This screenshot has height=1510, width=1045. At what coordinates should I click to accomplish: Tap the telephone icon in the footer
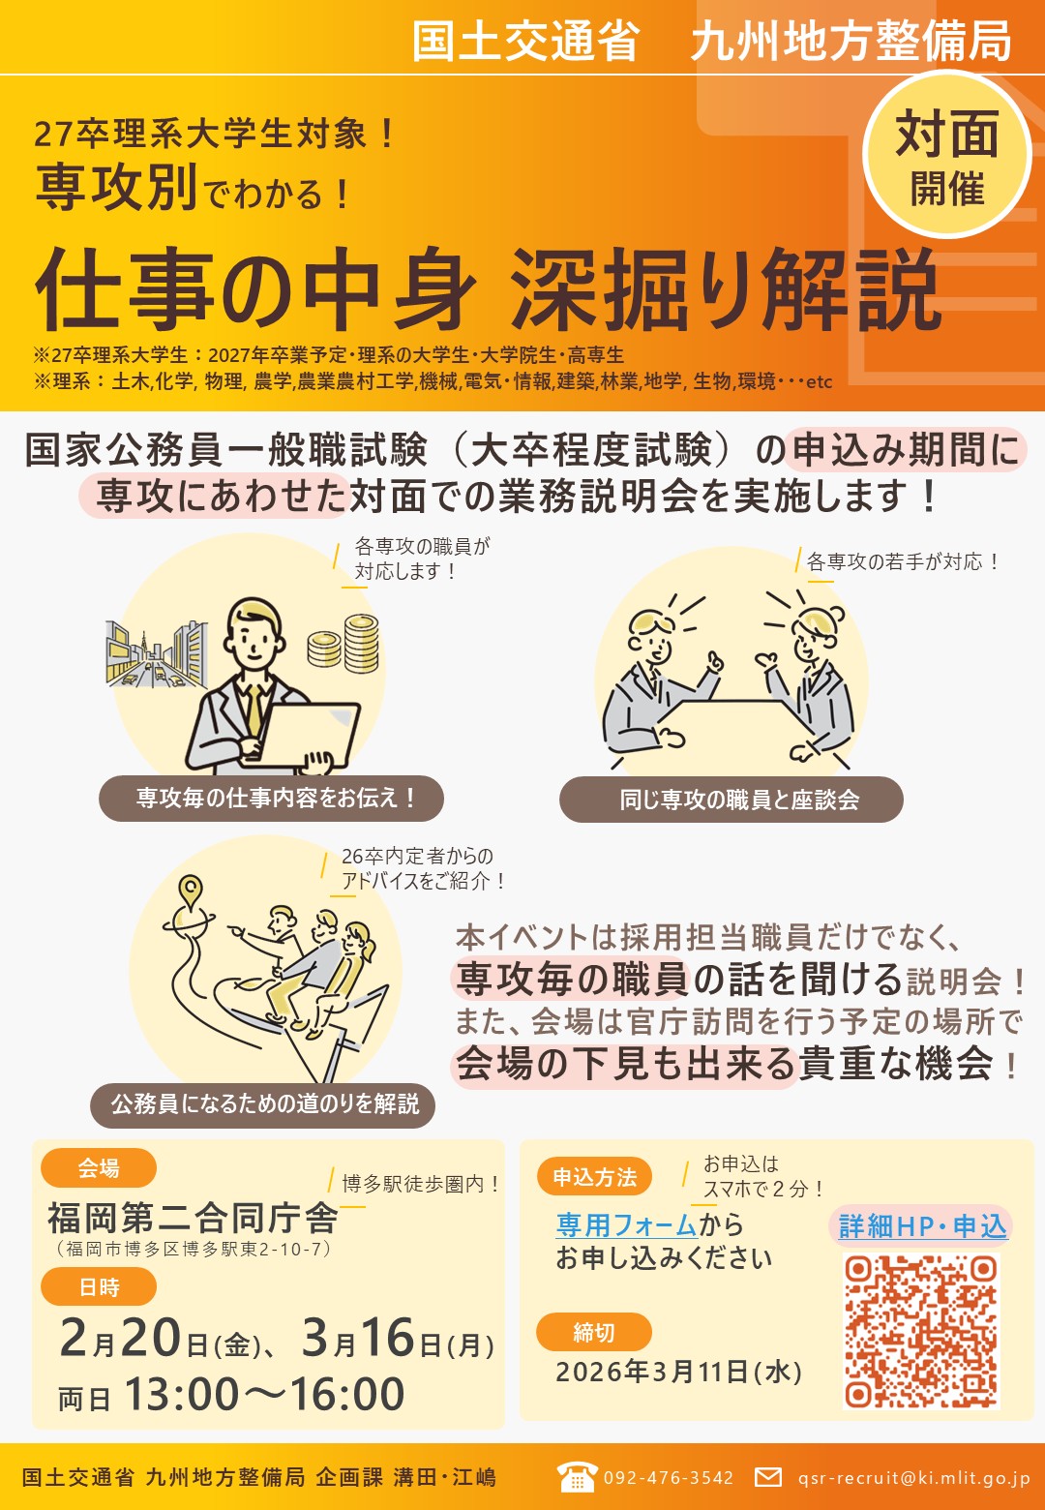[578, 1478]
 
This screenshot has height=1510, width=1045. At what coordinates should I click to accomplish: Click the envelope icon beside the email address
[767, 1478]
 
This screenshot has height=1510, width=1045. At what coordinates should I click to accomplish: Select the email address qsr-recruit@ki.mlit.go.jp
[914, 1478]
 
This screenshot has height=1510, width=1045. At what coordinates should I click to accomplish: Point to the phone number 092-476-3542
[669, 1478]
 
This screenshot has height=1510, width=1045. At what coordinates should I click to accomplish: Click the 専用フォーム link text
[626, 1224]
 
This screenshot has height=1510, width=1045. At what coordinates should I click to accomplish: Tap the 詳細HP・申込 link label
[922, 1225]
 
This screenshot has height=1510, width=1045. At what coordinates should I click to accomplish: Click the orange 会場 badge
[99, 1167]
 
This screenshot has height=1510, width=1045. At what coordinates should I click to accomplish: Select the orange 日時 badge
[99, 1286]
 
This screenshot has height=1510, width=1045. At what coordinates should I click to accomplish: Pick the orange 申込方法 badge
[594, 1177]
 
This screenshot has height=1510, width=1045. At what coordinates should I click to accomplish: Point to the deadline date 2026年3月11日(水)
[678, 1372]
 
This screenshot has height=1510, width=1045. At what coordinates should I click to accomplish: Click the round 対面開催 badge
[946, 155]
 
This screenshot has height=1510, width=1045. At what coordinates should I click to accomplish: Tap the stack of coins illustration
[343, 643]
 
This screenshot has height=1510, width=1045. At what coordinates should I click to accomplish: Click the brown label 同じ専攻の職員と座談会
[731, 800]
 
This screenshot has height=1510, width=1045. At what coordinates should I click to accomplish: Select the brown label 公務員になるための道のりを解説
[263, 1103]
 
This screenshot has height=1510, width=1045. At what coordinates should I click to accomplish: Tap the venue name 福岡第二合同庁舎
[193, 1218]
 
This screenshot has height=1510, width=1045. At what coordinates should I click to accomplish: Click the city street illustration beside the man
[156, 654]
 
